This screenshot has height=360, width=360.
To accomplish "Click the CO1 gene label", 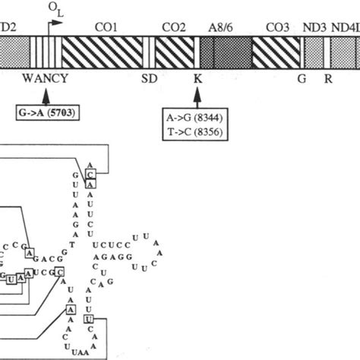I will click(106, 28).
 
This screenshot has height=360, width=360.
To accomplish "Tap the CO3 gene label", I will click(277, 28).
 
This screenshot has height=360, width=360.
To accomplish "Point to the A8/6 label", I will click(220, 28).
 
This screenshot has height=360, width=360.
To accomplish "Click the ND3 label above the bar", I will click(314, 28).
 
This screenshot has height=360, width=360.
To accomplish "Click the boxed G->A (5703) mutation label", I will click(48, 113).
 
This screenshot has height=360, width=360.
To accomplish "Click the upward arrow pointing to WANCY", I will click(46, 95).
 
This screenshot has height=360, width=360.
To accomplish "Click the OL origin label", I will click(55, 8).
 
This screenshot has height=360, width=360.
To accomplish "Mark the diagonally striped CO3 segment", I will click(275, 52).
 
